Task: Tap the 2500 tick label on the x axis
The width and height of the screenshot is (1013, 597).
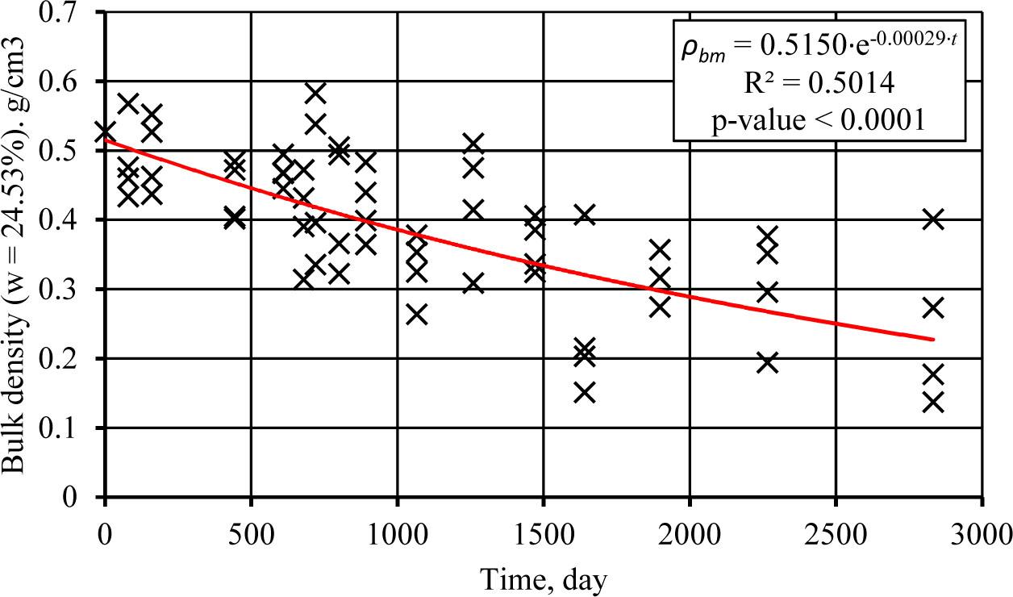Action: click(x=836, y=534)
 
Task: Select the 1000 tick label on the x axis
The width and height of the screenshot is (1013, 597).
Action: click(x=397, y=534)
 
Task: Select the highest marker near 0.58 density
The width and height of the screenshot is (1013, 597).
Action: click(x=315, y=93)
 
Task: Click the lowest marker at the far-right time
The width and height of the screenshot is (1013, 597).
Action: click(x=933, y=402)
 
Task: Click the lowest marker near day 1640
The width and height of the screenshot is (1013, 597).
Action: click(x=585, y=392)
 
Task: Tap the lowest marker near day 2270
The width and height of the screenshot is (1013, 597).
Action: click(x=768, y=362)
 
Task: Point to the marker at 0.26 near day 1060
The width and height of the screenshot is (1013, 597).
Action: click(x=416, y=314)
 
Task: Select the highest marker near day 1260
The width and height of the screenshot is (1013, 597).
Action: click(x=473, y=144)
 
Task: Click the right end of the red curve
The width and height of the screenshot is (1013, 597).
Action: click(x=933, y=339)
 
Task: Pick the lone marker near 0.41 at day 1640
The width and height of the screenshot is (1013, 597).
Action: click(x=585, y=215)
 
